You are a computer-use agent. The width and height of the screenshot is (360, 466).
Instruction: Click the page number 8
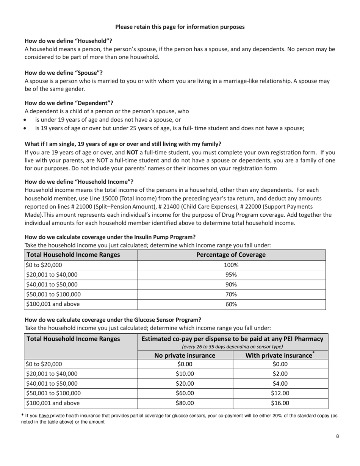[x=337, y=436]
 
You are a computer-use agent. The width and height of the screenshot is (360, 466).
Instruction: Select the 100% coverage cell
[x=231, y=265]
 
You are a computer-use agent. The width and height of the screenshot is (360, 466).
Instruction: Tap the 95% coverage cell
[x=231, y=275]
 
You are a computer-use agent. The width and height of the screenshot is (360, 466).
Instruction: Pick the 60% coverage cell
[x=231, y=304]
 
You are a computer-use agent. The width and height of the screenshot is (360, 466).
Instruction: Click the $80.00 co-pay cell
[x=185, y=403]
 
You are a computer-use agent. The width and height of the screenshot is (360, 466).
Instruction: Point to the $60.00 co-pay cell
[x=185, y=394]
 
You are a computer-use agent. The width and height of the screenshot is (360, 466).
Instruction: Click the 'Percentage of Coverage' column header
[x=231, y=255]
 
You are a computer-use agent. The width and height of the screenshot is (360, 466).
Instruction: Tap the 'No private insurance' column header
[x=185, y=355]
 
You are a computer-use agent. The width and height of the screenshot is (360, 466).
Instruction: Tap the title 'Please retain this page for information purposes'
[x=180, y=27]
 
